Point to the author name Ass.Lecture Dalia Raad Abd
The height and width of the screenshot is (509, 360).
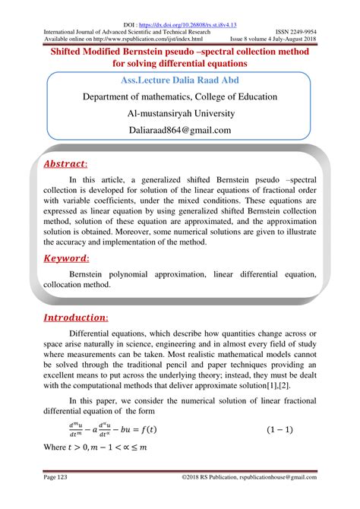(179, 79)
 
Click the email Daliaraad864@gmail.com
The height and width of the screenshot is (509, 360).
(179, 130)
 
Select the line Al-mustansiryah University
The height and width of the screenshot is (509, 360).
(179, 113)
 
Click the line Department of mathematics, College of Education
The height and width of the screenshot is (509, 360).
(179, 96)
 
